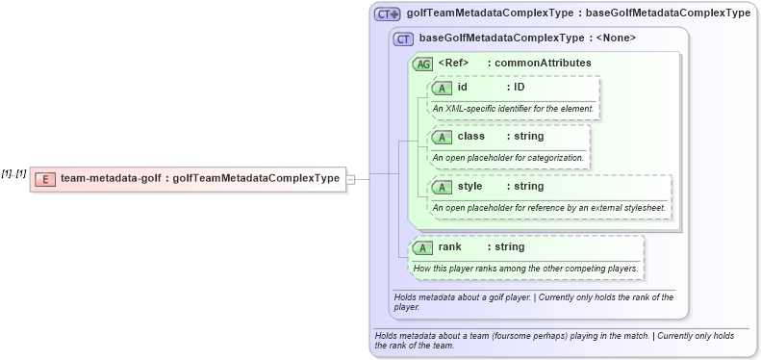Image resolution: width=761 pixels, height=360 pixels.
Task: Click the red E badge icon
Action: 44,179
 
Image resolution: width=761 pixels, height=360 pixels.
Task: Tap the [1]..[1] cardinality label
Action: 13,172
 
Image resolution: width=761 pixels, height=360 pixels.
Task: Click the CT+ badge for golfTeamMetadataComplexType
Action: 388,13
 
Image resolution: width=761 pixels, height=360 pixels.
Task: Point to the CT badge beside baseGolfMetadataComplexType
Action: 404,39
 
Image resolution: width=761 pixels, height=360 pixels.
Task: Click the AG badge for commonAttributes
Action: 421,64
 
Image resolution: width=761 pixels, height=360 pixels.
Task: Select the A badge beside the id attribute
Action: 443,88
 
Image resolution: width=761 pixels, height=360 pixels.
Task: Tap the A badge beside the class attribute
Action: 443,137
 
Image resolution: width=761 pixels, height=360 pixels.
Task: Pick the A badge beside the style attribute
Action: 443,187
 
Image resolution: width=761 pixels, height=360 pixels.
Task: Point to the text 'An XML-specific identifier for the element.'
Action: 513,108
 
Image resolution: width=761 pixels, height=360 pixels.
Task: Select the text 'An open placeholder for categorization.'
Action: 508,157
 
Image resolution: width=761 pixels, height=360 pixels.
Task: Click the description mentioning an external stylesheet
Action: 548,207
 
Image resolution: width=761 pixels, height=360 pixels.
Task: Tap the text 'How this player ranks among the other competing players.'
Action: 526,268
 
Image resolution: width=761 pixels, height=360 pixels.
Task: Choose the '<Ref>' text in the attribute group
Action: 452,63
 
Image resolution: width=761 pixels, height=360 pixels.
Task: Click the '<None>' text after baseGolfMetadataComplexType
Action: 617,39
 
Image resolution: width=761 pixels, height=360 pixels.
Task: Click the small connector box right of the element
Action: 351,179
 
